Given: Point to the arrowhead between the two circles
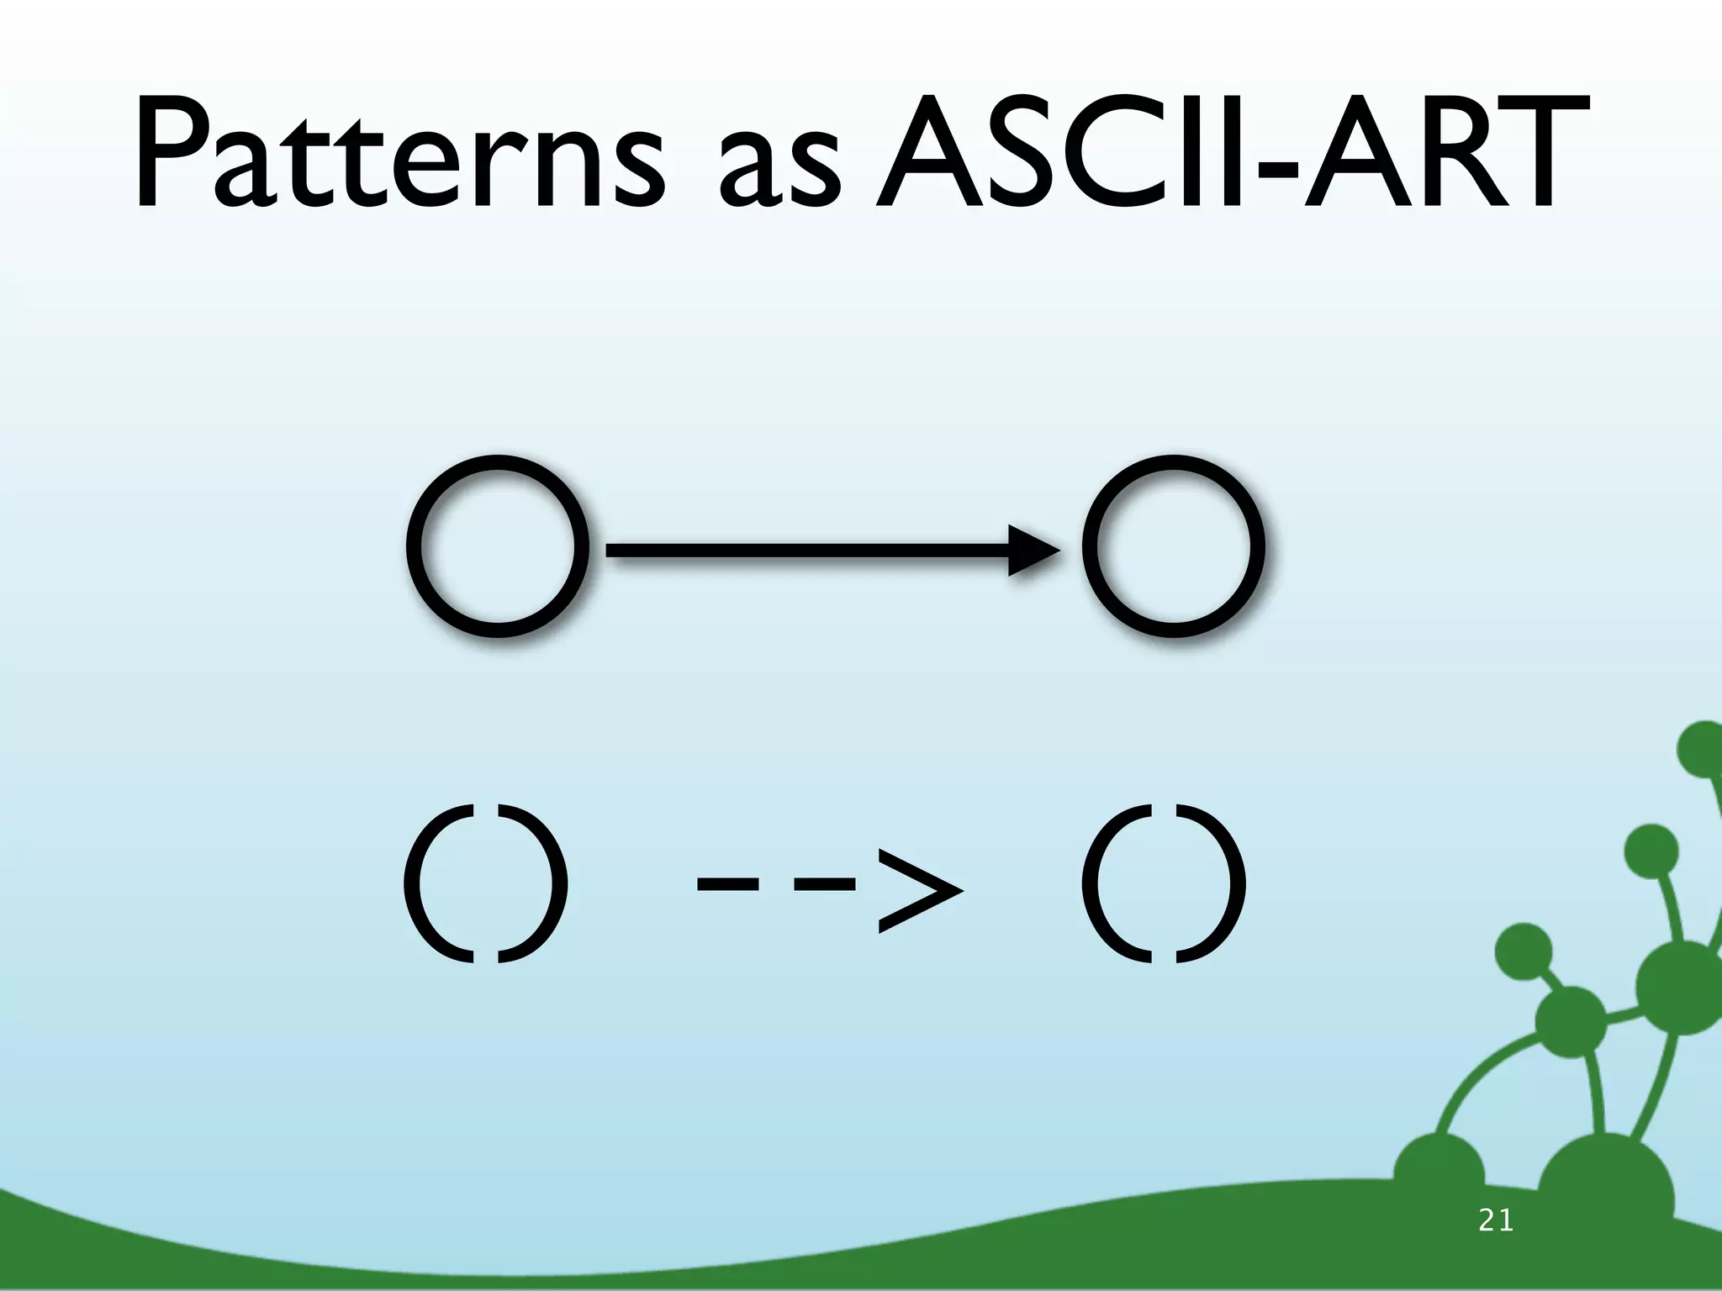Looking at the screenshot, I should click(1033, 551).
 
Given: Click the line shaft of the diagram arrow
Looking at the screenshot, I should click(807, 551).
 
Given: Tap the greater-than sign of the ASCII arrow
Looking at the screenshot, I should click(918, 888).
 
